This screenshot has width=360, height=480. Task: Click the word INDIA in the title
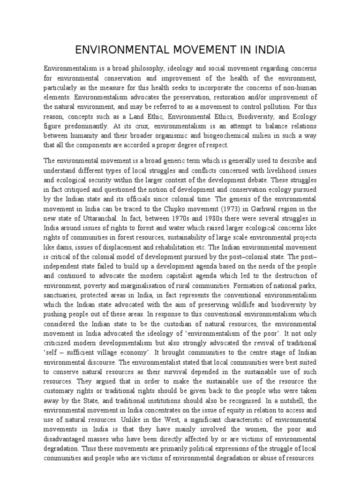(267, 50)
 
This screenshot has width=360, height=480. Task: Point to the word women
(267, 428)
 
